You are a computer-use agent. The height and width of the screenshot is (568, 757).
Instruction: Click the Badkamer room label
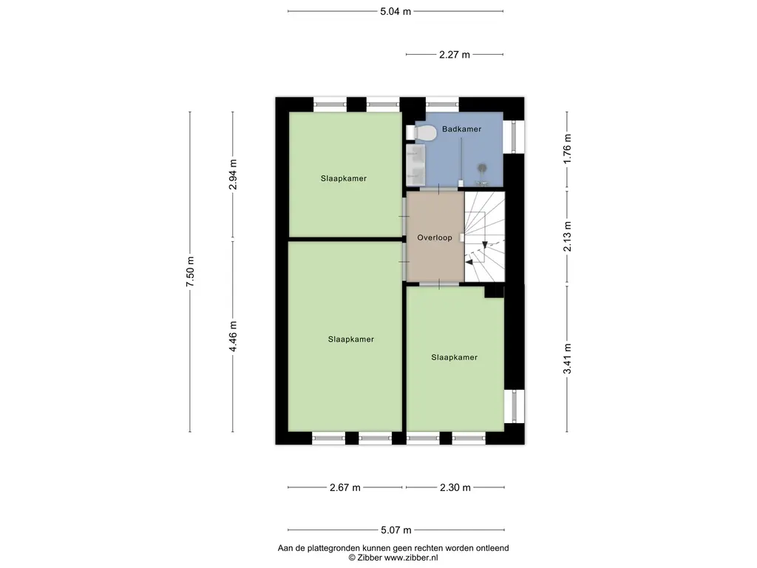461,129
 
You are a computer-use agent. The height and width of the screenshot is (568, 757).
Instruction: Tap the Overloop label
435,237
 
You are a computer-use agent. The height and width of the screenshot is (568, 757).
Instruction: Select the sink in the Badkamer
415,165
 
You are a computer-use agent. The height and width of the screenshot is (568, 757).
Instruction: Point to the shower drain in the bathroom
482,168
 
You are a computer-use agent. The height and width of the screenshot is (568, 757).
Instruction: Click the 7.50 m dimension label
190,271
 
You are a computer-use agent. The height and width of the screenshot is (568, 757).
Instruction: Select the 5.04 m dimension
396,12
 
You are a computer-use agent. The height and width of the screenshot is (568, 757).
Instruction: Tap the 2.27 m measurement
455,55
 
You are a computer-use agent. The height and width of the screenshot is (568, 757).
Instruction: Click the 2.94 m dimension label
233,175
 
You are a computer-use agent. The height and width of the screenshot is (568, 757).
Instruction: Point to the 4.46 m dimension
233,337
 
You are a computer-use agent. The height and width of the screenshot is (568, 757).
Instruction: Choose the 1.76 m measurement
567,149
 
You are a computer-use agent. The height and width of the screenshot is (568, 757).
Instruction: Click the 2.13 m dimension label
567,236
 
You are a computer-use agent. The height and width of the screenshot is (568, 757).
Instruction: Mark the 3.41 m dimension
567,359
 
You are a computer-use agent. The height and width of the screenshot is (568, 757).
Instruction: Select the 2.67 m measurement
345,488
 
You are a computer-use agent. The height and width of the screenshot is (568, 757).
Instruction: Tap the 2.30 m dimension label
455,488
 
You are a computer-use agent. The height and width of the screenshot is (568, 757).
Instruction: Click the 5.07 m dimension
396,530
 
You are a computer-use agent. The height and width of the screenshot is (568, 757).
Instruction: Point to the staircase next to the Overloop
484,237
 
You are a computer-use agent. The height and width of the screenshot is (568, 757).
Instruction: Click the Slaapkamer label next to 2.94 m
344,179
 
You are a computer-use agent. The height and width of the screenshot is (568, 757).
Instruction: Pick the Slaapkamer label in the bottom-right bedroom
455,357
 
